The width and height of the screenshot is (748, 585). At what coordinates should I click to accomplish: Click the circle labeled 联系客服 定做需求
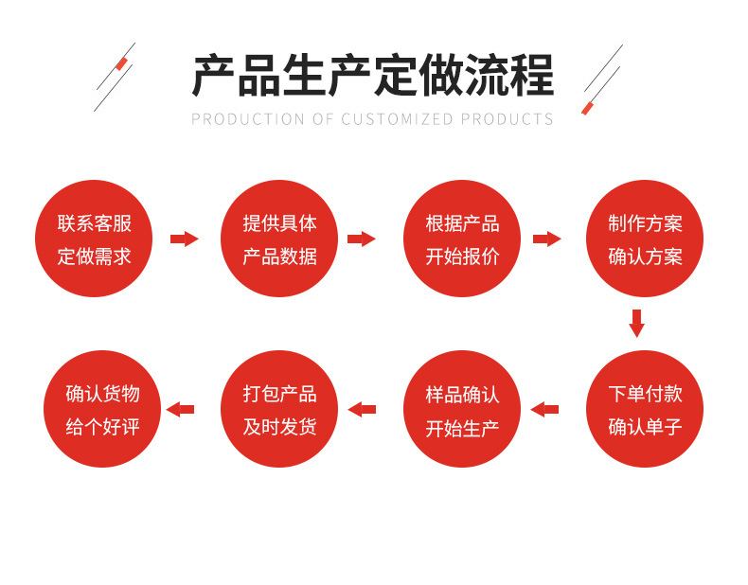94,239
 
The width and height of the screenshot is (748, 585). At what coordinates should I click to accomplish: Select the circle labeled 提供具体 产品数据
279,239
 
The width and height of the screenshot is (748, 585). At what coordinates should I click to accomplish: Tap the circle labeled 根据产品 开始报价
462,239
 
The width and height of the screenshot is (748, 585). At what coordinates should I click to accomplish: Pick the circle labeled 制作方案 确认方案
645,239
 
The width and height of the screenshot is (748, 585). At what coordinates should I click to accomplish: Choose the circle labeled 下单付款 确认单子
645,409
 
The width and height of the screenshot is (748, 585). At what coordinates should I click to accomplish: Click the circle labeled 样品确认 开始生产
462,409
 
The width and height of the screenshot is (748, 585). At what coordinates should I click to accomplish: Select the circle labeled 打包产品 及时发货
279,409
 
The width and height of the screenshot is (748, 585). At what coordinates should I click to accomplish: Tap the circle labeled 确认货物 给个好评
102,409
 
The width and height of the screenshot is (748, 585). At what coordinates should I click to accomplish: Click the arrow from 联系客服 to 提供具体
185,239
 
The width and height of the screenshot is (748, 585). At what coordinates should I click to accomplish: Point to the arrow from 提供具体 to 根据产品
362,239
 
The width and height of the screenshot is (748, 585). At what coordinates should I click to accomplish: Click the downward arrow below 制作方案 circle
636,323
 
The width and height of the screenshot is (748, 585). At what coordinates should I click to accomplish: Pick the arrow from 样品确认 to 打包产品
362,409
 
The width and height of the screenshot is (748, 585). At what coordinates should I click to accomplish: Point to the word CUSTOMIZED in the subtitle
398,119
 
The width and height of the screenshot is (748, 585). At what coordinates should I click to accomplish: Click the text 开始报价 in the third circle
462,257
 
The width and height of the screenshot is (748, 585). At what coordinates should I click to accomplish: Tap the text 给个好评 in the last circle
102,427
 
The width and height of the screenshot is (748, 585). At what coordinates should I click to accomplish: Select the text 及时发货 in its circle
279,427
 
